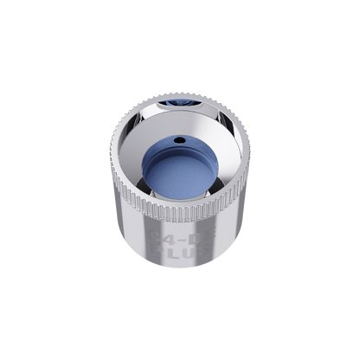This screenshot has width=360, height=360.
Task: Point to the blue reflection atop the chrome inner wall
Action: tap(179, 101)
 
